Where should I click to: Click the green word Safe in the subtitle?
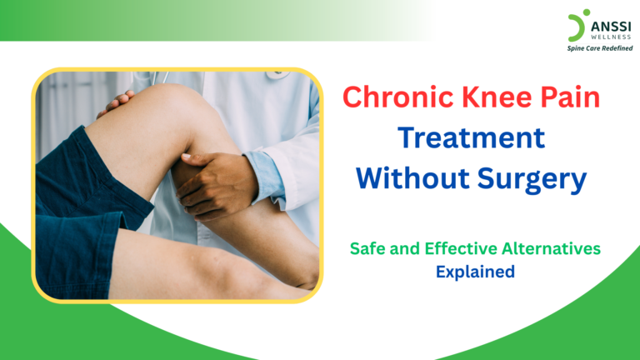point(367,249)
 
